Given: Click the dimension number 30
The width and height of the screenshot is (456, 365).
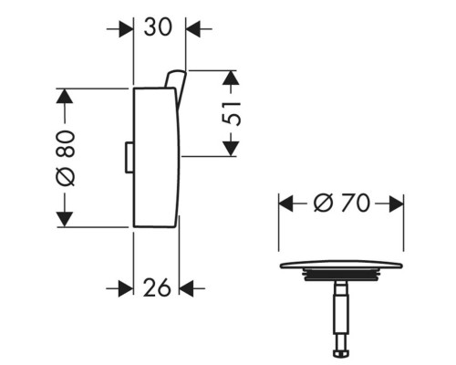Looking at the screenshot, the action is click(x=158, y=26).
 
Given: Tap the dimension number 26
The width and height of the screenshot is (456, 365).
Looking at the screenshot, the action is click(x=157, y=287).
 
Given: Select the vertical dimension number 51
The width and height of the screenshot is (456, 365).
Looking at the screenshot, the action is click(x=232, y=114).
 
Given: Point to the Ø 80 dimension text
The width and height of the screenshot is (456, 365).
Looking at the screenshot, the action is click(x=66, y=158).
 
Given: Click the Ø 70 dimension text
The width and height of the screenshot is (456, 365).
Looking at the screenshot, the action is click(x=342, y=203).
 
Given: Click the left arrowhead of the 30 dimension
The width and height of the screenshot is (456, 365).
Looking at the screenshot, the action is click(x=126, y=29).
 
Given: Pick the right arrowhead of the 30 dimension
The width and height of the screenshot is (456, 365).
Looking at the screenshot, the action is click(x=193, y=29).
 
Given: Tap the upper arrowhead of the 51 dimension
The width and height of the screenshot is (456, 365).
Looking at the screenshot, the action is click(x=231, y=78).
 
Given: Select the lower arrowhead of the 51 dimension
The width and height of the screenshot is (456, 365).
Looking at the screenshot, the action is click(x=231, y=149).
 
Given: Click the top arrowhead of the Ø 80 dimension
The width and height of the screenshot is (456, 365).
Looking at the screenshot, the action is click(x=65, y=96).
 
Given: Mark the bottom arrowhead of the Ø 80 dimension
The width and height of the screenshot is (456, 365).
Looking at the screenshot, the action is click(x=65, y=220).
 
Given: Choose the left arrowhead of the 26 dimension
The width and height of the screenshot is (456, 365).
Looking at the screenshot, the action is click(x=126, y=288).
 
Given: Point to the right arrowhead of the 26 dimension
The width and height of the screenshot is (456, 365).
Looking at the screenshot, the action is click(x=187, y=288).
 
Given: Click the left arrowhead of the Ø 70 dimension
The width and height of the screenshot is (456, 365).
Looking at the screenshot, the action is click(x=286, y=203).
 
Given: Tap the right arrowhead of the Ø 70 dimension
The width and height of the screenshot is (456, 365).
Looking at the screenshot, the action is click(x=397, y=203).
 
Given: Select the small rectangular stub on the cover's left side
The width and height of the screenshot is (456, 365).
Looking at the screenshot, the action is click(x=130, y=158).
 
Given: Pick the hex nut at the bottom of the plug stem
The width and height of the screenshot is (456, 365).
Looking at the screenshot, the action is click(x=341, y=354).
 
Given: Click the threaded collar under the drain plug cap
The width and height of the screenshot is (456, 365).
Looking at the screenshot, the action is click(x=341, y=275).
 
